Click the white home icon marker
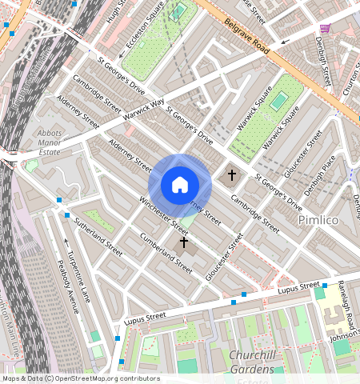pos(180,185)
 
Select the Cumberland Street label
pos(166,247)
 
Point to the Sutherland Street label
pos(98,234)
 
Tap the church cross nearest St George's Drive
pos(232,174)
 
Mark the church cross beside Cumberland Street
pos(183,242)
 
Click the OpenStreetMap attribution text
pos(80,378)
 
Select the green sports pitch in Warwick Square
pos(278,102)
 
